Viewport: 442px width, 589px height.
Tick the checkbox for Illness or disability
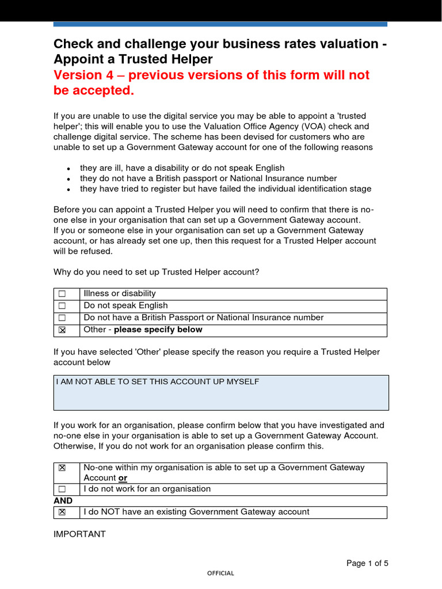(x=62, y=294)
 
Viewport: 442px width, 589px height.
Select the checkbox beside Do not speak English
(x=62, y=306)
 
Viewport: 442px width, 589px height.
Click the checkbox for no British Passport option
(x=62, y=318)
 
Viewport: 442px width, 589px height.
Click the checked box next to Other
(x=62, y=330)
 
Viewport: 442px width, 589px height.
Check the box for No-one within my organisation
(x=62, y=468)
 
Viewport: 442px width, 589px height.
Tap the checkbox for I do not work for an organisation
(x=62, y=489)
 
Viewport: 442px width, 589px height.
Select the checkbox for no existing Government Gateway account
(x=62, y=512)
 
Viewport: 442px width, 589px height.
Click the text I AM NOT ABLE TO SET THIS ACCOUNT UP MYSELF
(x=157, y=382)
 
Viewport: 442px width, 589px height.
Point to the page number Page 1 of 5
(x=367, y=563)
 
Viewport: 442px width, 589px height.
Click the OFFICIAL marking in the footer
(x=221, y=573)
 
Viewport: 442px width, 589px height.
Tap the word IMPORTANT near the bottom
(x=79, y=534)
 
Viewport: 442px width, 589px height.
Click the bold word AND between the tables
(x=63, y=500)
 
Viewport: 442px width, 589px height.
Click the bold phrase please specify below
(x=158, y=330)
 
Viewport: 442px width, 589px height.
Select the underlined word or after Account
(x=123, y=478)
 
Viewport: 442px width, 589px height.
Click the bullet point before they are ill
(x=68, y=169)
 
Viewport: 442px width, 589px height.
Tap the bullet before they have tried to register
(x=68, y=189)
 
